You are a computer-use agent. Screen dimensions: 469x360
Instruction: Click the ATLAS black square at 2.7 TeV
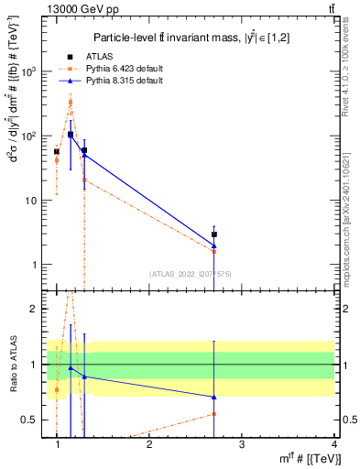coord(214,234)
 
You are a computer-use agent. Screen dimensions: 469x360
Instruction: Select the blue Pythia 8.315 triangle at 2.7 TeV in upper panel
coord(214,245)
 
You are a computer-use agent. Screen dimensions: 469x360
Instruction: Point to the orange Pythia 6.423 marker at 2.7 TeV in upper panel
coord(214,251)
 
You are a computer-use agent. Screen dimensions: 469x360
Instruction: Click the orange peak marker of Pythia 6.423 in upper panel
coord(71,103)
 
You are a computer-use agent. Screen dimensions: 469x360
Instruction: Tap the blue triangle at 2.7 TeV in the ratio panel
coord(214,397)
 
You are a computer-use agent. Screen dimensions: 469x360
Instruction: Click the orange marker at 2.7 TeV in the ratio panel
coord(214,414)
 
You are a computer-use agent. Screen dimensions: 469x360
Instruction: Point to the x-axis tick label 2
coord(149,444)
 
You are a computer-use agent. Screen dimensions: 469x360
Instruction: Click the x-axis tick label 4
coord(334,444)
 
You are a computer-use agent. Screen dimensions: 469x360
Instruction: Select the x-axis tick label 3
coord(242,444)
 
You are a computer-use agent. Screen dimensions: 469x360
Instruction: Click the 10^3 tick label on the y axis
coord(28,71)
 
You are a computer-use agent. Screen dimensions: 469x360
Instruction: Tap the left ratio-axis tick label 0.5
coord(29,420)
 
